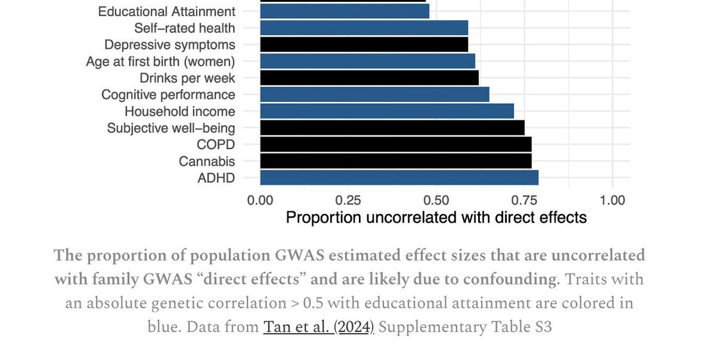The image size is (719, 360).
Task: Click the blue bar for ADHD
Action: click(399, 178)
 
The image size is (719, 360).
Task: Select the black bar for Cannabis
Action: click(395, 161)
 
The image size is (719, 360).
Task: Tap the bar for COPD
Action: click(395, 144)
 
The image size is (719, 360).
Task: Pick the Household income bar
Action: click(387, 111)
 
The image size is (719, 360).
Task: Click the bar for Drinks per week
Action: click(369, 78)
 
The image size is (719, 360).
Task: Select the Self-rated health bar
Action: click(364, 28)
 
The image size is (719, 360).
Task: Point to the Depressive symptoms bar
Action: click(364, 44)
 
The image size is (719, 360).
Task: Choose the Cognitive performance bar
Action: click(374, 95)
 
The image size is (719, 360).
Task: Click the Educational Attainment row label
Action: click(167, 11)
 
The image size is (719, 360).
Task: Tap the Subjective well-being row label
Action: click(171, 128)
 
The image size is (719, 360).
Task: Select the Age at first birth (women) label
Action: click(161, 61)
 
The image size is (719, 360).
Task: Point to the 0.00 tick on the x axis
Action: click(260, 199)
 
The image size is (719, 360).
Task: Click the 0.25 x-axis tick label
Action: click(348, 199)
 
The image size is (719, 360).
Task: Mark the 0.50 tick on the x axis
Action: click(436, 199)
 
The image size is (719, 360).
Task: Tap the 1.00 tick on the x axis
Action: click(612, 199)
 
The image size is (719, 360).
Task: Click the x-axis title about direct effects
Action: click(436, 217)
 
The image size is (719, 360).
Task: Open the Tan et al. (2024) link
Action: click(318, 327)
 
